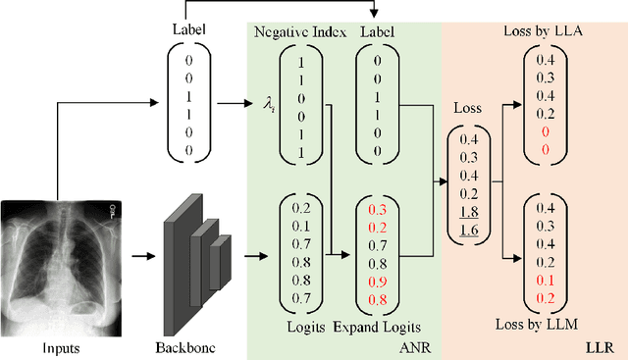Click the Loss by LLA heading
coord(542,31)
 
